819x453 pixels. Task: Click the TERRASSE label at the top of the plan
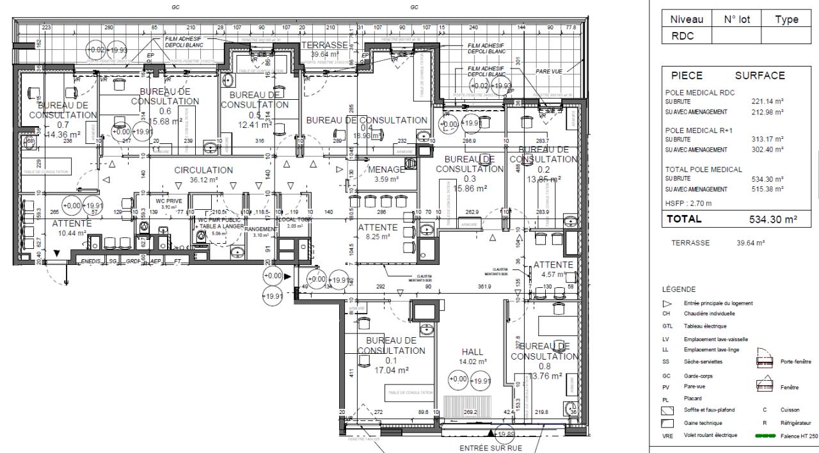pos(325,45)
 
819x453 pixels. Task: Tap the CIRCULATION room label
pos(203,170)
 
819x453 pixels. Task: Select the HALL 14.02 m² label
pos(473,352)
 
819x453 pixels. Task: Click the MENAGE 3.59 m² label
pos(386,170)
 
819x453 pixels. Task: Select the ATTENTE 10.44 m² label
pos(72,224)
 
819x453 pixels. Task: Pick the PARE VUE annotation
pos(549,72)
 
